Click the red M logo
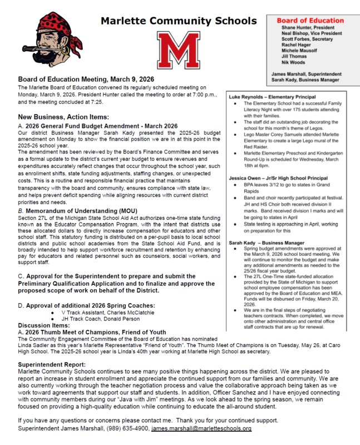178,51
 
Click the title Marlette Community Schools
179,22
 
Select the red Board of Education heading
310,21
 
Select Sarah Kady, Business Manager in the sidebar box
305,80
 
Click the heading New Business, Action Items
63,117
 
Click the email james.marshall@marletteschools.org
201,429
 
